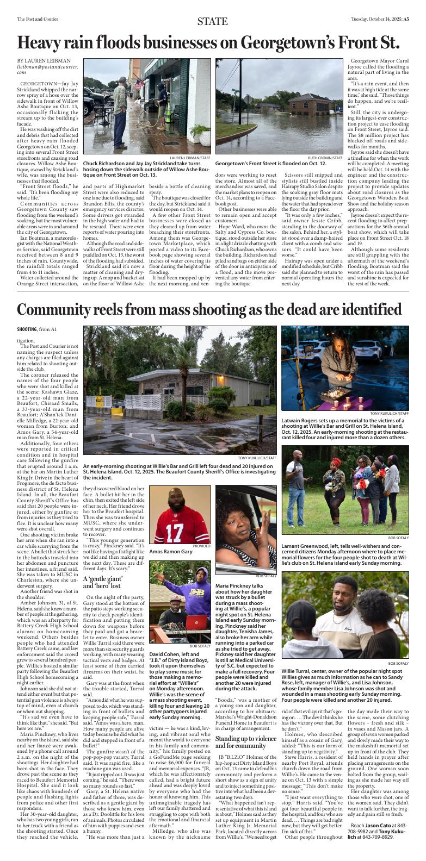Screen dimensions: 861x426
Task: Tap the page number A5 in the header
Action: click(x=406, y=19)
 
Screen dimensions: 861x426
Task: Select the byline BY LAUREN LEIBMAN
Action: click(x=44, y=60)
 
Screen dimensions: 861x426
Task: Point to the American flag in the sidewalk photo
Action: click(x=140, y=84)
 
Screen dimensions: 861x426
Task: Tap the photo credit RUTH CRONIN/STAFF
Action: click(x=330, y=158)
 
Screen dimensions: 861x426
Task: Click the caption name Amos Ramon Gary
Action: click(x=171, y=551)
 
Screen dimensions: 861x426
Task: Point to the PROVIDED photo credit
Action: click(x=201, y=545)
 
